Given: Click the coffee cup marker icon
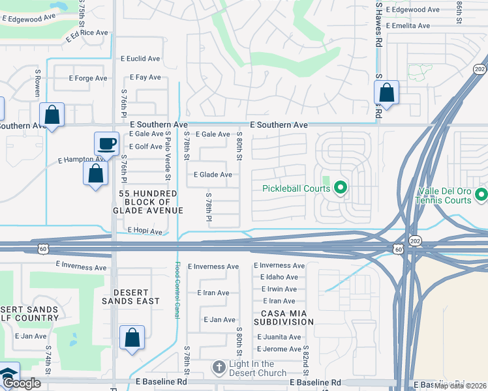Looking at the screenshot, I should point(106,143).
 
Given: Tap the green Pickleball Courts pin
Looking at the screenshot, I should point(340,188).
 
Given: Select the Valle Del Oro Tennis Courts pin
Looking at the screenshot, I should point(481,194).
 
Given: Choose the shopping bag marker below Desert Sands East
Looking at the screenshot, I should point(132,338).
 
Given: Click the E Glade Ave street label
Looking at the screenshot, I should point(213,175).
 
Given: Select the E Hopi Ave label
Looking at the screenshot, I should point(145,231).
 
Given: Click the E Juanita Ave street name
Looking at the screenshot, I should point(279,337).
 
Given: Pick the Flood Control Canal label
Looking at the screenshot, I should point(177,289).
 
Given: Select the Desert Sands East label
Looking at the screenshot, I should point(130,297).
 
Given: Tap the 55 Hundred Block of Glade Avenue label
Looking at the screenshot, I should point(148,201).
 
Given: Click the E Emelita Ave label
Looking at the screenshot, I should point(408,26).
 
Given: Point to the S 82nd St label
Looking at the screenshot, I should point(305,358).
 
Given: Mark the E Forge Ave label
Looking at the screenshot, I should point(88,78).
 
